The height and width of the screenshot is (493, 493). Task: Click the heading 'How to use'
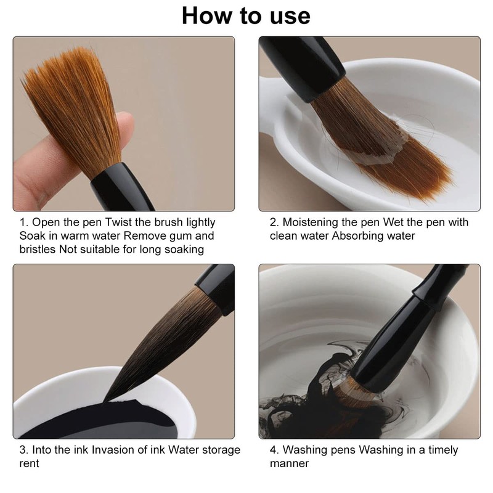246,16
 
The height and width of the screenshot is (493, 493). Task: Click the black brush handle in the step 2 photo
302,67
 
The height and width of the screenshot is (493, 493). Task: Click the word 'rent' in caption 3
29,464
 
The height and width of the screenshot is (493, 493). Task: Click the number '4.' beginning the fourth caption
274,450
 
